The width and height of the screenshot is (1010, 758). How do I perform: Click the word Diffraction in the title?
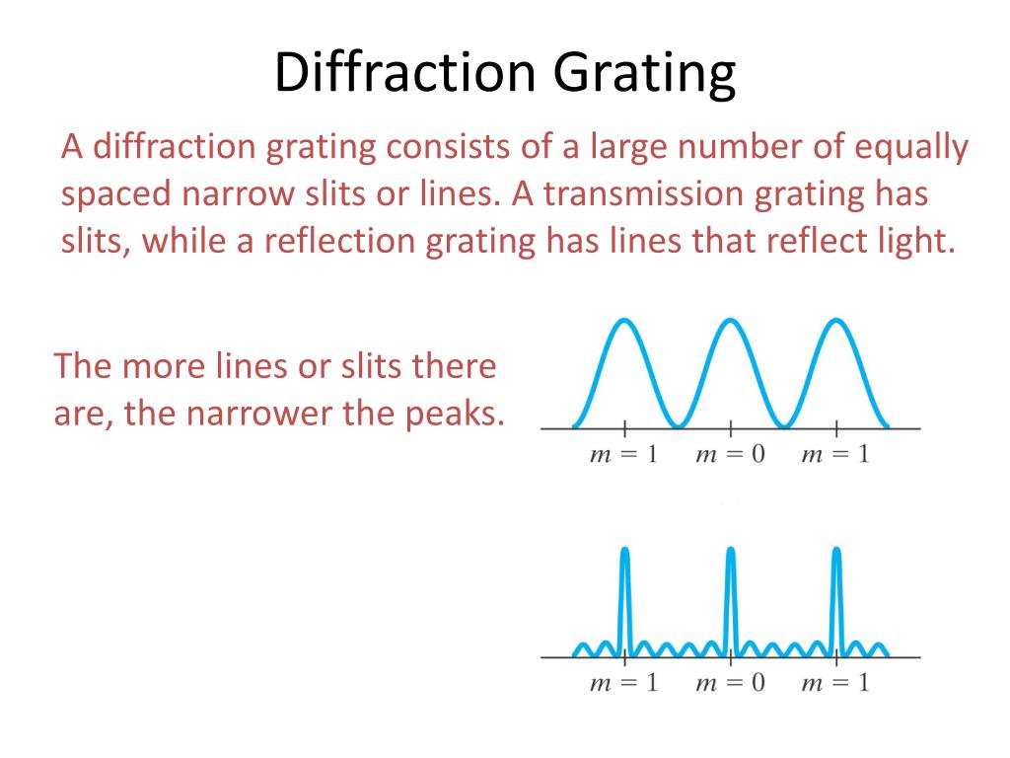tap(402, 76)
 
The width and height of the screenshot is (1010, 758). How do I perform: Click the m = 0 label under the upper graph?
tap(730, 455)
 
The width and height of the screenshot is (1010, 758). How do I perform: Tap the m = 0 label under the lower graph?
tap(730, 682)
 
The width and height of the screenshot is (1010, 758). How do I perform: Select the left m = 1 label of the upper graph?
tap(623, 455)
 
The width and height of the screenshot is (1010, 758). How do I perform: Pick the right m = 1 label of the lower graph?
tap(836, 682)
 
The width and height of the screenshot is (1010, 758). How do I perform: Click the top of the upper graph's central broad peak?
tap(730, 322)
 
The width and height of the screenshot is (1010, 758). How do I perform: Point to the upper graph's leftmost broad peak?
tap(623, 322)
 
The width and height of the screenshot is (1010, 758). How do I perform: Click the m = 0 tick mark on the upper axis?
tap(730, 428)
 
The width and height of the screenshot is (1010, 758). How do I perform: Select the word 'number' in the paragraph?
tap(724, 148)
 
